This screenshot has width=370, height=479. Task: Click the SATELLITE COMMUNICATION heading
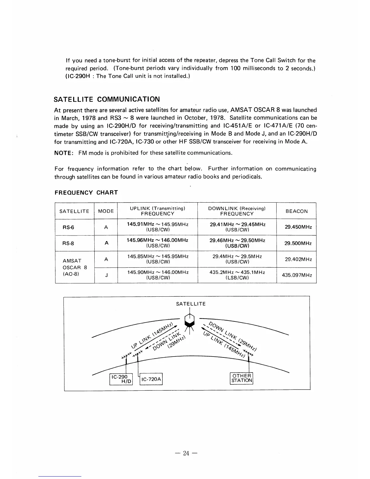[x=107, y=99]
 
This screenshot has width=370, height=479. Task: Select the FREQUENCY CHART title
[x=86, y=193]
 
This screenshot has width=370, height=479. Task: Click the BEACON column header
[x=296, y=211]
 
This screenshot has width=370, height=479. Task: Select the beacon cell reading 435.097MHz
[x=297, y=275]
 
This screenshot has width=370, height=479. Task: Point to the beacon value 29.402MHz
[x=297, y=259]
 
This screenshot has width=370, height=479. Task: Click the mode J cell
[x=106, y=275]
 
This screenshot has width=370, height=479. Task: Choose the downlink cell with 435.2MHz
[x=237, y=275]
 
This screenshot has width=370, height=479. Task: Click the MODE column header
[x=106, y=211]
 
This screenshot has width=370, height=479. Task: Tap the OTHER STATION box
[x=242, y=378]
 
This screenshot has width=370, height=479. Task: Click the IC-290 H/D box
[x=121, y=379]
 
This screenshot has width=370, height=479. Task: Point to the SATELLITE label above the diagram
[x=191, y=304]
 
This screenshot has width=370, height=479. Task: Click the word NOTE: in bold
[x=63, y=153]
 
